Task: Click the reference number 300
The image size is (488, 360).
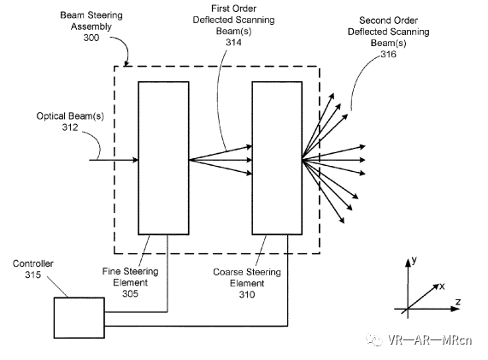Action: tap(91, 38)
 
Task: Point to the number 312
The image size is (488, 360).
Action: tap(70, 127)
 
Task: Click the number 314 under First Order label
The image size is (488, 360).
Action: tap(233, 42)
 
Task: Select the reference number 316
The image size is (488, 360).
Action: tap(388, 54)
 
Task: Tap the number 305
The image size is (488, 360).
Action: tap(130, 293)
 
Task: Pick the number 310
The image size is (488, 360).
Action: tap(247, 294)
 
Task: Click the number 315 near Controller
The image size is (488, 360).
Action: tap(33, 274)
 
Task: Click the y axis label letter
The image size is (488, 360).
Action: tap(415, 260)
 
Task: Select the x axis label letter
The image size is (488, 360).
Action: tap(442, 286)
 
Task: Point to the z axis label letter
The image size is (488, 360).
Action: tap(458, 302)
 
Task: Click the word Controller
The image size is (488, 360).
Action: tap(33, 263)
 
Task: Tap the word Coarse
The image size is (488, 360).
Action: tap(228, 272)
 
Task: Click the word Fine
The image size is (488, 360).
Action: tap(111, 271)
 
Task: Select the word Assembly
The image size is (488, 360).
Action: tap(91, 27)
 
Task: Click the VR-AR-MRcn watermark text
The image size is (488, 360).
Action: tap(430, 339)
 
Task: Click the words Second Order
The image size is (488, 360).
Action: tap(388, 21)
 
